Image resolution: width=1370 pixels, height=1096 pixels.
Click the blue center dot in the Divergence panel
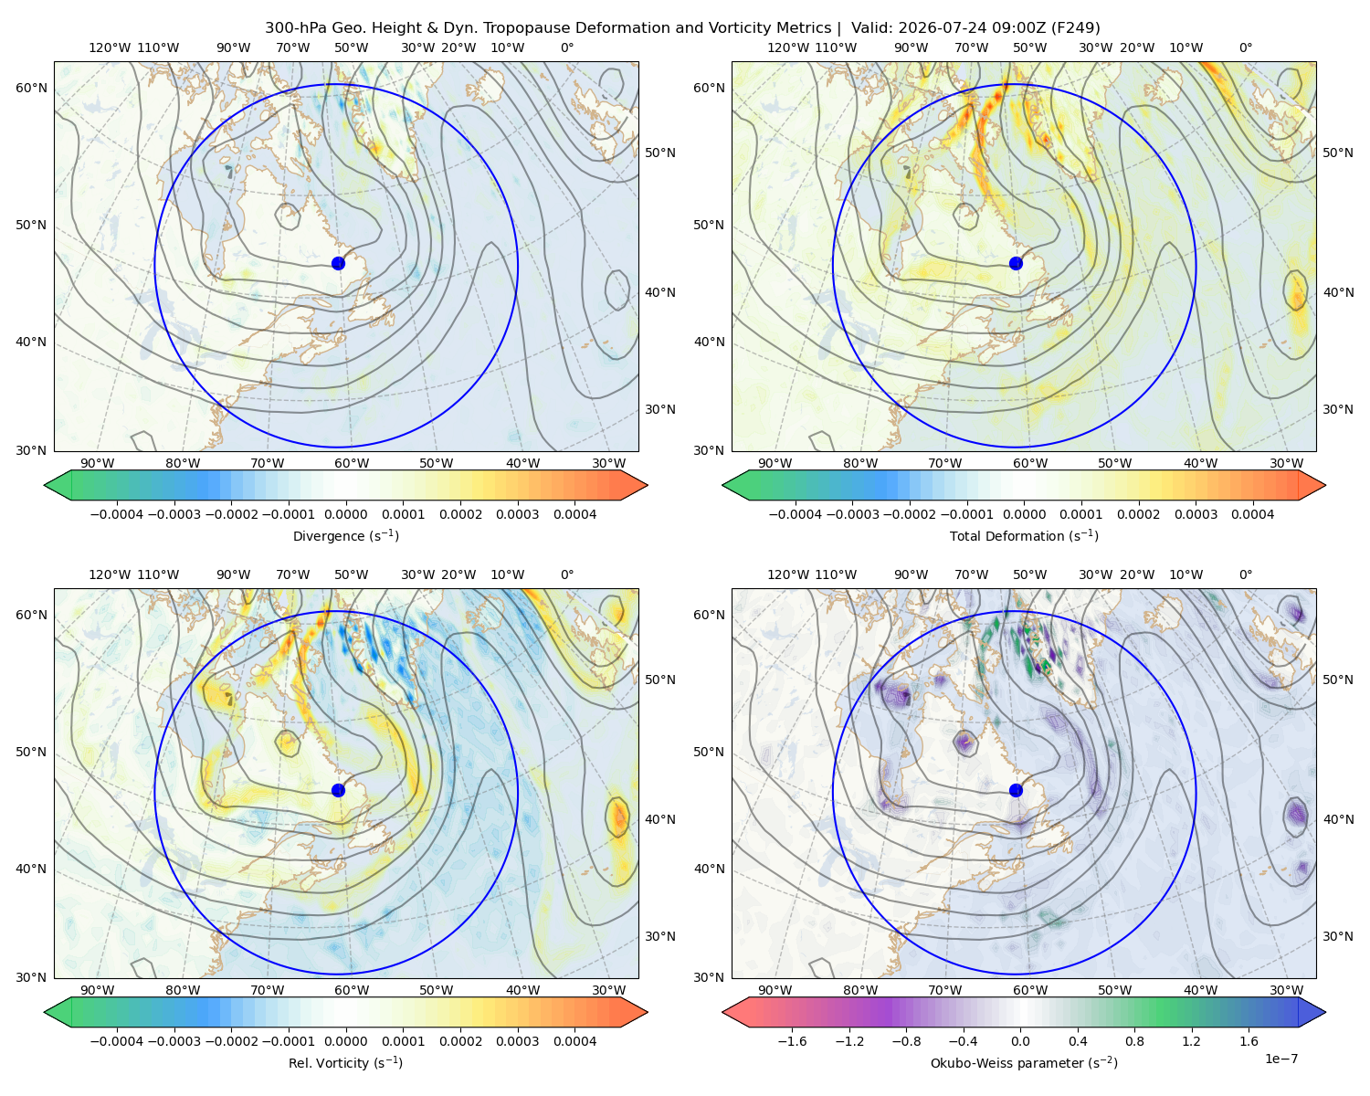[338, 263]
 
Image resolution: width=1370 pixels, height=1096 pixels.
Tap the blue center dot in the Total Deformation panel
[1016, 263]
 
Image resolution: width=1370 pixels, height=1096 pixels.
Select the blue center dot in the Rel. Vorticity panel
[338, 790]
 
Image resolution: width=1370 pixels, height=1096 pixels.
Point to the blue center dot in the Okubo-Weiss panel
[1016, 790]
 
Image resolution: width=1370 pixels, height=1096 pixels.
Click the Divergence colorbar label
[345, 535]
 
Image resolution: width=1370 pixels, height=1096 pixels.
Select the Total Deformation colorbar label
[1024, 535]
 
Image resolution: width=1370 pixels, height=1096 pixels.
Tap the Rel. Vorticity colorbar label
[345, 1062]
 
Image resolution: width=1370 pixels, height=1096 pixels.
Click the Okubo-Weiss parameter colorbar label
[1024, 1062]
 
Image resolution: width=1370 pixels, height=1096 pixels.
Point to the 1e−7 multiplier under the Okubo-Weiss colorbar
[1280, 1059]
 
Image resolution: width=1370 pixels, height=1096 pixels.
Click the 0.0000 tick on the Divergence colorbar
[345, 514]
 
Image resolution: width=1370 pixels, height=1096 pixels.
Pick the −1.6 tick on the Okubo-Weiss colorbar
[792, 1040]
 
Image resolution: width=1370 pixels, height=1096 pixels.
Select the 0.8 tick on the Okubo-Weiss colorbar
[1134, 1040]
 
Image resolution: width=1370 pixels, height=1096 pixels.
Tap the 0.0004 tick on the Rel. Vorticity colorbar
[574, 1040]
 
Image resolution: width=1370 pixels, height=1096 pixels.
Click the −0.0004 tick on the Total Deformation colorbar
[796, 514]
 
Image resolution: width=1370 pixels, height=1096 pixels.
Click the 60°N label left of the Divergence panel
[31, 88]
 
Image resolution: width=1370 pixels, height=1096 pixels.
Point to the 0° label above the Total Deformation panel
[1245, 47]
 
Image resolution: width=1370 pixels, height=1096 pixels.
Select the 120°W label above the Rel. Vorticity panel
[110, 574]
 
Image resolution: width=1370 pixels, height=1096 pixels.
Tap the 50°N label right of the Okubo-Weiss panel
[1337, 679]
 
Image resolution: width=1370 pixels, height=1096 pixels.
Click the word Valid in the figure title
[871, 27]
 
